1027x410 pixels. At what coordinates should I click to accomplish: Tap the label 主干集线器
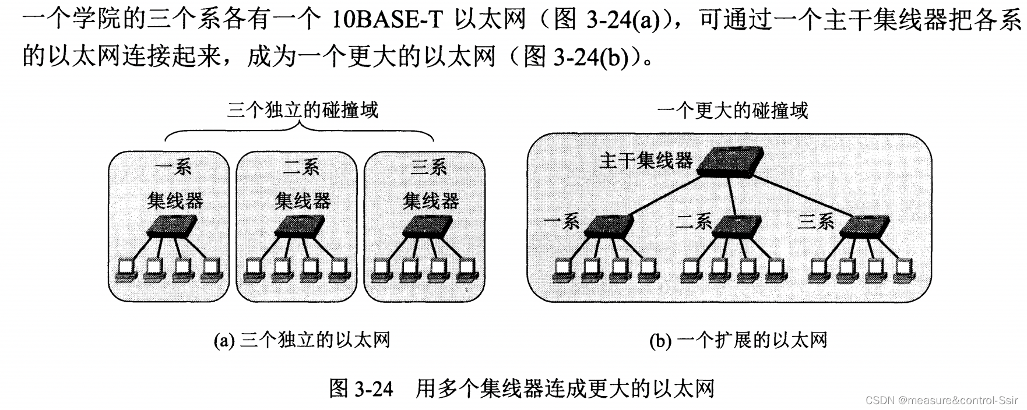pos(646,160)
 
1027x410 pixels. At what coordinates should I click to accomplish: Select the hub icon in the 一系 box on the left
pos(173,226)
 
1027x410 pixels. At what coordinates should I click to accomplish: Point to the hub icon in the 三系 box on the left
pos(428,226)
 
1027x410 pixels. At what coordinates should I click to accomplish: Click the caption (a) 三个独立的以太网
pos(301,340)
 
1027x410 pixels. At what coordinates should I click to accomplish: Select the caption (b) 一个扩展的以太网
pos(738,340)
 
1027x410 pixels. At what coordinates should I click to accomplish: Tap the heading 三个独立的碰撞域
pos(302,109)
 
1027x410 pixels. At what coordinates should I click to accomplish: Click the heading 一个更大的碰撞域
pos(732,110)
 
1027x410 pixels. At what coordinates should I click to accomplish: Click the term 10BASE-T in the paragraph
pos(389,20)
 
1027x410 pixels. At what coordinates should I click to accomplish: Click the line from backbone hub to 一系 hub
pos(664,196)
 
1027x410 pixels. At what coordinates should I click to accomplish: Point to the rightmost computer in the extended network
pos(904,268)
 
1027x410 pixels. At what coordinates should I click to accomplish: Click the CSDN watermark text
pos(942,400)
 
